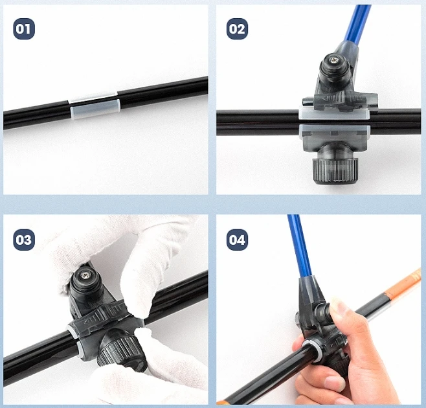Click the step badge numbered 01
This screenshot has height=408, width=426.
click(24, 29)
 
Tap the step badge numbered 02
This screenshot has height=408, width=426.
click(237, 29)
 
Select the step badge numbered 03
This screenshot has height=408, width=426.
click(24, 240)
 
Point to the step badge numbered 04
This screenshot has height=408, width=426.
click(237, 240)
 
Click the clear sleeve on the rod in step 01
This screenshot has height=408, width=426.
click(95, 106)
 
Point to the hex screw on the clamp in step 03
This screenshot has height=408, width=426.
click(87, 277)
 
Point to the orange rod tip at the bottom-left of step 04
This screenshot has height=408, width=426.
click(223, 400)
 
